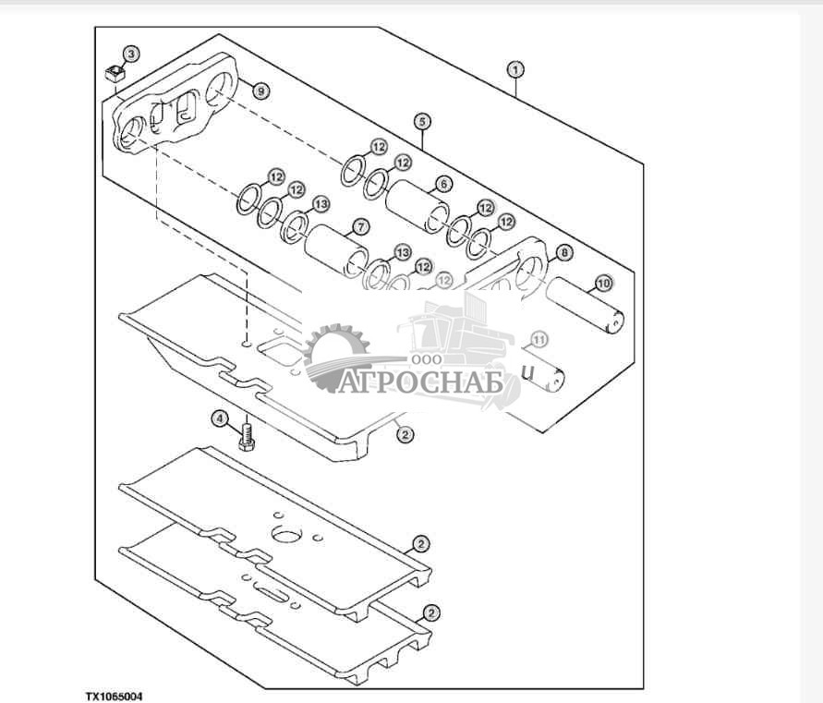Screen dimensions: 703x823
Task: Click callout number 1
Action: click(515, 69)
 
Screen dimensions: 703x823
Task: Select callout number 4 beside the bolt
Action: click(220, 418)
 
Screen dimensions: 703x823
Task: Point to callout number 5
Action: click(421, 121)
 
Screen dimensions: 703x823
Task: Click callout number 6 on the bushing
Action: click(443, 184)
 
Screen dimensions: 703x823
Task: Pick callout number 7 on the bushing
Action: click(359, 226)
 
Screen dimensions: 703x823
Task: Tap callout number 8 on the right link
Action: click(563, 251)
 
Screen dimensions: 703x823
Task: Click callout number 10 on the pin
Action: click(602, 283)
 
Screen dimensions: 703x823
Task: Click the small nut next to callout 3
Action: click(115, 73)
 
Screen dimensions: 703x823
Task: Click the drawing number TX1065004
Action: click(115, 696)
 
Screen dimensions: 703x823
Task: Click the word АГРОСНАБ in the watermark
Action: click(421, 382)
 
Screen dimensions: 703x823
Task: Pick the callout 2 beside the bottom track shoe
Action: click(430, 612)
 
